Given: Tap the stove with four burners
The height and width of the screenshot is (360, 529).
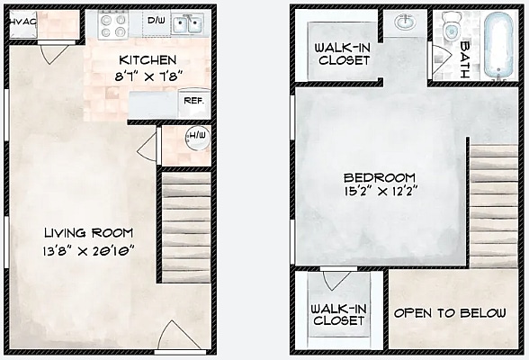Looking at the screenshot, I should click(114, 25).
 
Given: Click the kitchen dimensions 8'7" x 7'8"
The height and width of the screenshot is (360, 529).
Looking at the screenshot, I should click(148, 76).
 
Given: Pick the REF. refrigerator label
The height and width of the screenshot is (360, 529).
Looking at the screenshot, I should click(193, 101).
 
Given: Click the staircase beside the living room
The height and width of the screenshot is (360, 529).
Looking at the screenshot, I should click(185, 227).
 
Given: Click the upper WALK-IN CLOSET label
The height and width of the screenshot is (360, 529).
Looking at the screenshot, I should click(341, 53).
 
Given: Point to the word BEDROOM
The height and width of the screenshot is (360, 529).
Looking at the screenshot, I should click(380, 176).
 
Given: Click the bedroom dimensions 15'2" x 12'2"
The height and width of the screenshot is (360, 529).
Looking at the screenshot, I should click(380, 193).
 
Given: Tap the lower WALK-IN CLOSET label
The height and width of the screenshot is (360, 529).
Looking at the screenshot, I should click(337, 313).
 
